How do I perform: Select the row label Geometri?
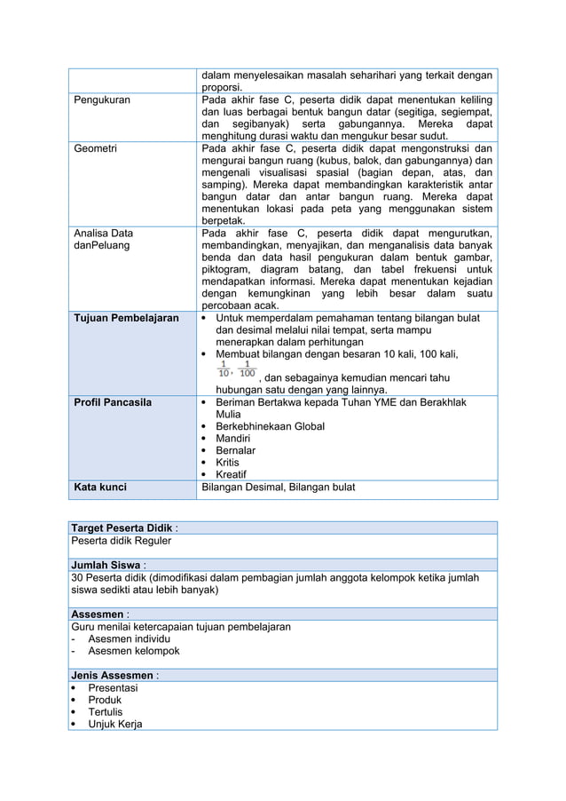pos(95,148)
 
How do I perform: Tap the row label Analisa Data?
pos(103,233)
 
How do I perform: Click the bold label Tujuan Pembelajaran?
pos(126,318)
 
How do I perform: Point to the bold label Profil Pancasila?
pos(113,402)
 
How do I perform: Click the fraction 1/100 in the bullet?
pos(245,368)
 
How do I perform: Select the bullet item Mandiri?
pos(235,439)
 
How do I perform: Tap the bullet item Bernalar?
pos(237,450)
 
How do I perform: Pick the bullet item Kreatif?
pos(233,474)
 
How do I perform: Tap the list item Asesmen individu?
pos(129,638)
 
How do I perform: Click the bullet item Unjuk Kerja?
pos(114,724)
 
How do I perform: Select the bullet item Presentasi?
pos(113,687)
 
